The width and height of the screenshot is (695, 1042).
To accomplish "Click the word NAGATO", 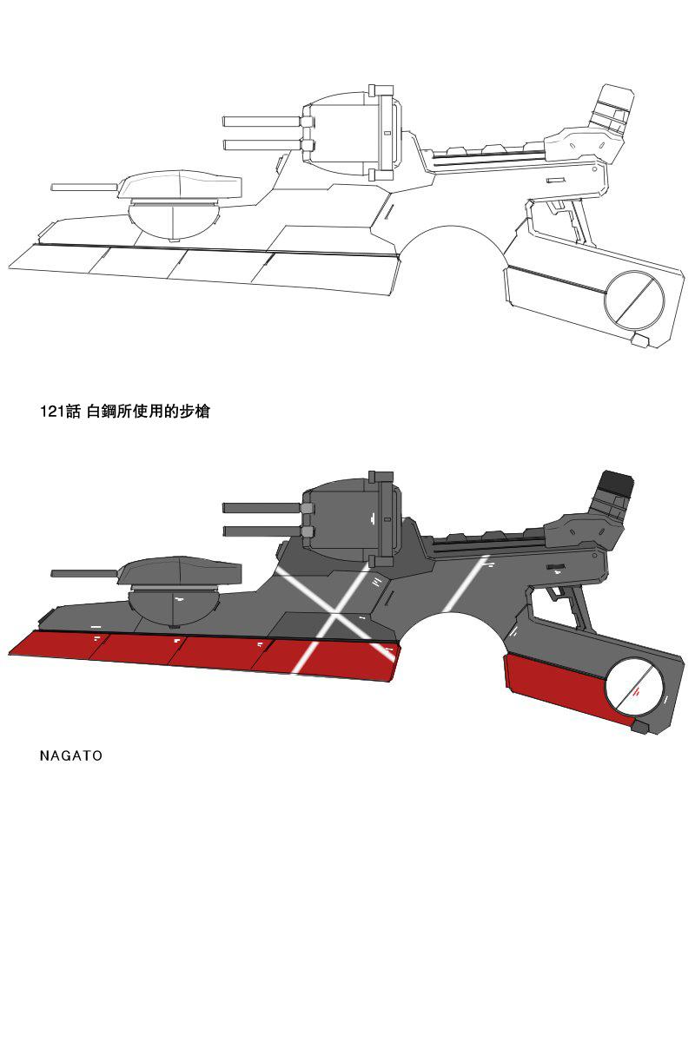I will (x=71, y=755).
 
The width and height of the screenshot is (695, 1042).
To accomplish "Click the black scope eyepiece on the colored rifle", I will (x=616, y=484).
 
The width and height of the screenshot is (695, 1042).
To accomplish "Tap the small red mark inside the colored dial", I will (x=638, y=692).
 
